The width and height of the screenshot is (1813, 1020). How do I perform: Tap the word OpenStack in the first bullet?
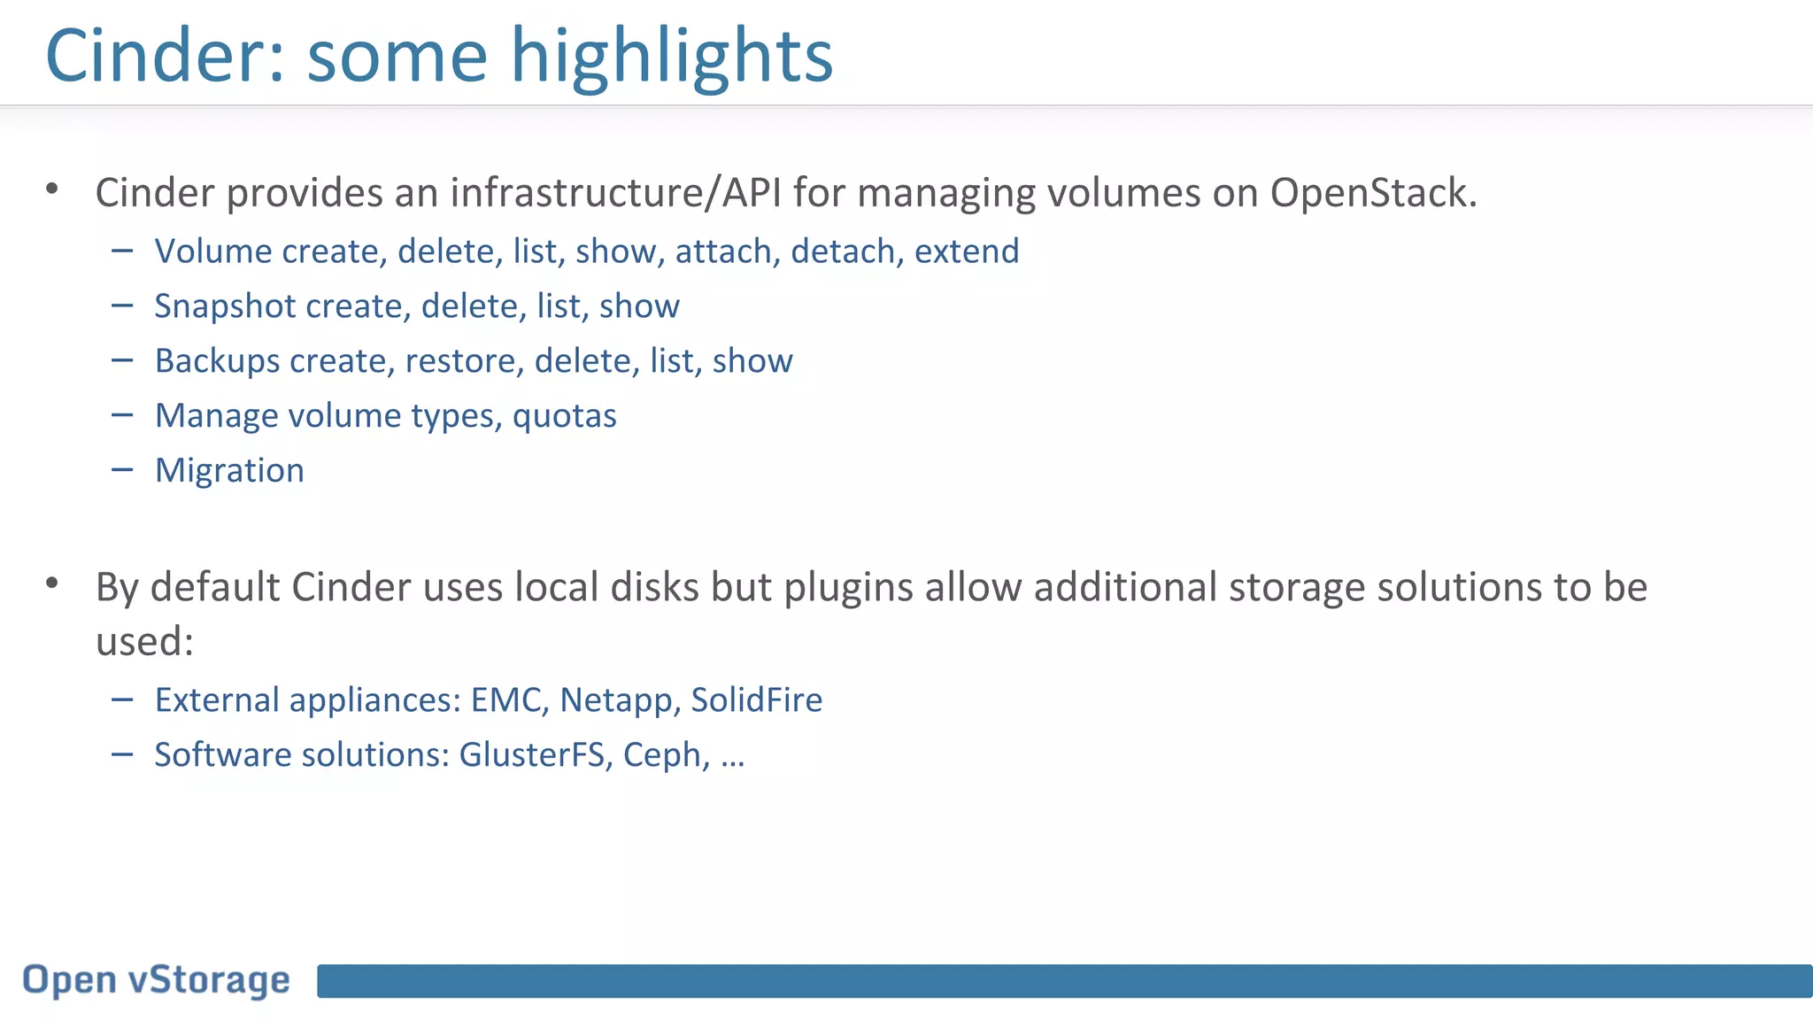pos(1372,193)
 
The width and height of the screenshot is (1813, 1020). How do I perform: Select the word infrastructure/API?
pos(615,193)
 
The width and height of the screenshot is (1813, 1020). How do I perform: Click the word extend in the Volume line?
pos(967,251)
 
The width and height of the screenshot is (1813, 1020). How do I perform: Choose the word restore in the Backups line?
pos(464,361)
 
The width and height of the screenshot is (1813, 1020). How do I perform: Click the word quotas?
pos(564,416)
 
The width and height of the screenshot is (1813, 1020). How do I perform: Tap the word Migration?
pos(229,471)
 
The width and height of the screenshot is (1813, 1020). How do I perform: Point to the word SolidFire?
pos(756,700)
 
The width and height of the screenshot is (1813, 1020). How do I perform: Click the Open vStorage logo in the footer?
pos(156,981)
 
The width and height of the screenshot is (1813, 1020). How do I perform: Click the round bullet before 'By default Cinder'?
pos(52,583)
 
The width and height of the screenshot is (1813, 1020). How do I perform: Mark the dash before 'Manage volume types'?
pos(122,414)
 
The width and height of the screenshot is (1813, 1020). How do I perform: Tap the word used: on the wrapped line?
pos(144,642)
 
